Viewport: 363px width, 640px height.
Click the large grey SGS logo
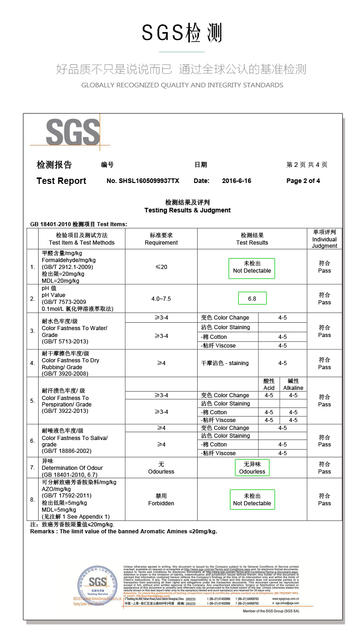click(x=73, y=132)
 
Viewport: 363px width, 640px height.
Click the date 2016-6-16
click(x=236, y=181)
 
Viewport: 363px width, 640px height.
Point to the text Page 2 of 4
click(x=303, y=181)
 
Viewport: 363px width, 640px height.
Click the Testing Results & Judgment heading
click(x=187, y=210)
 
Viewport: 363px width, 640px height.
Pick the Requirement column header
click(x=161, y=239)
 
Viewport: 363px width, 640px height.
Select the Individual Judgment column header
click(x=324, y=239)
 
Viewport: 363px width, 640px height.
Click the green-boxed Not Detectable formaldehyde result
click(x=252, y=267)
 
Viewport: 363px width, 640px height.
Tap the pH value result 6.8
click(x=252, y=298)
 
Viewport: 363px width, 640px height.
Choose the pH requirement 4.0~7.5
click(x=161, y=299)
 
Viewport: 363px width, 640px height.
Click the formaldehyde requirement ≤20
click(x=161, y=267)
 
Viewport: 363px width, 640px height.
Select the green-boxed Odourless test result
click(x=252, y=468)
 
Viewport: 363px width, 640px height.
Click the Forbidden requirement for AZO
click(x=161, y=500)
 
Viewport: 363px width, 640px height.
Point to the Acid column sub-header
click(x=269, y=384)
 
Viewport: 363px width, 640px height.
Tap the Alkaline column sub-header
click(x=293, y=384)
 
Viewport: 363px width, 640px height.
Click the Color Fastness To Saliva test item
click(x=74, y=441)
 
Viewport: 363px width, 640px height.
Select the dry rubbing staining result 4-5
click(x=283, y=363)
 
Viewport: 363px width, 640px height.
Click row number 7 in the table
click(x=32, y=468)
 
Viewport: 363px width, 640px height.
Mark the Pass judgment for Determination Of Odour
click(x=324, y=468)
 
